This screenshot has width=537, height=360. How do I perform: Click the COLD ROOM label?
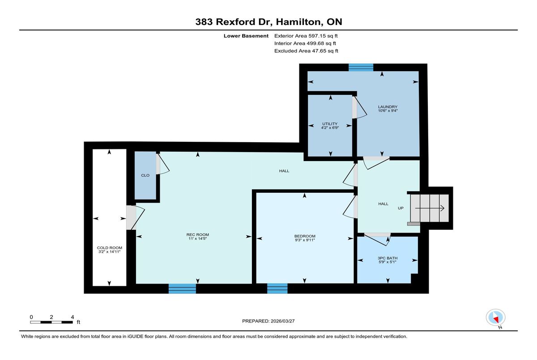(x=110, y=248)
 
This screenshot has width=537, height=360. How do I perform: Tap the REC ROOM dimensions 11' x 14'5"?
(x=197, y=238)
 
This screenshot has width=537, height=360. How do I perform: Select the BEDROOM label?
(x=305, y=236)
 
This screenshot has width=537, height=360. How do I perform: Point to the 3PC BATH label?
(x=388, y=258)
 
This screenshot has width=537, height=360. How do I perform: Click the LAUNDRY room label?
(x=388, y=107)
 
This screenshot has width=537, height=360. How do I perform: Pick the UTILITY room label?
(x=330, y=124)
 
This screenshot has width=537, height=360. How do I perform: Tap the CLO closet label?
(x=145, y=175)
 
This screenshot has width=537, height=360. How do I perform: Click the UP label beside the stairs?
(x=401, y=208)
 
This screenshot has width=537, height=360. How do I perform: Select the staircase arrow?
(x=430, y=208)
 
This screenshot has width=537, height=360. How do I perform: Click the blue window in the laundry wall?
(x=361, y=68)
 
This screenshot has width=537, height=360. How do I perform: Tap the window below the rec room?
(x=182, y=288)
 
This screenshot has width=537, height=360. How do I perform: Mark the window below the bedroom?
(x=277, y=288)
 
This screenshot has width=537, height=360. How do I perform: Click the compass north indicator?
(x=495, y=318)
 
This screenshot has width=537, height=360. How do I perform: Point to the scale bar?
(x=51, y=322)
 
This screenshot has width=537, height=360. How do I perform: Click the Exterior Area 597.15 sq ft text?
(x=306, y=36)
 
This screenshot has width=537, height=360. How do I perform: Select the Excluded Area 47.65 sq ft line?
(x=306, y=51)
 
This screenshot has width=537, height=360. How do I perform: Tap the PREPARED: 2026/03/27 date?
(x=268, y=321)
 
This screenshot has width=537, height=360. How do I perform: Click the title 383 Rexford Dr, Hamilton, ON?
(x=269, y=22)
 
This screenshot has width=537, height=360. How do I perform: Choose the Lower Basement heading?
(x=246, y=36)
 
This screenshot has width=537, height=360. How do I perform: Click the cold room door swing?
(x=136, y=217)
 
